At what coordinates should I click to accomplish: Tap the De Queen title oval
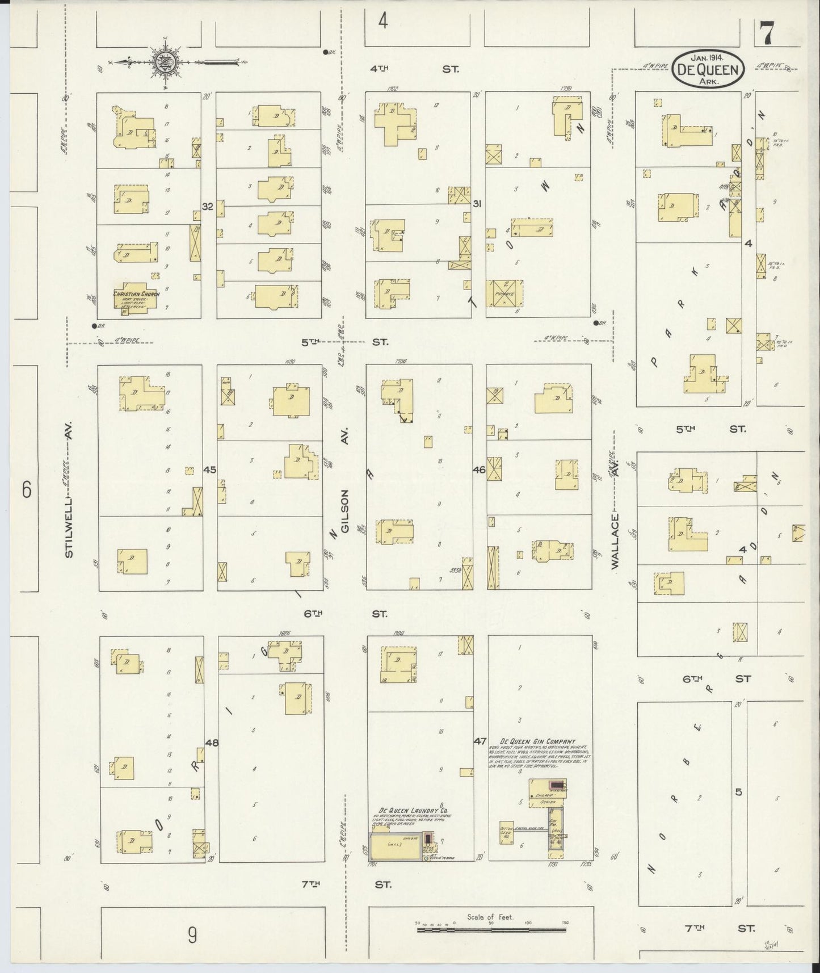point(708,70)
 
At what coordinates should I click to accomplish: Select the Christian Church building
point(136,299)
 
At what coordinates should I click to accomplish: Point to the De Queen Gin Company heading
point(537,741)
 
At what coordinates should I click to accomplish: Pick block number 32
point(208,207)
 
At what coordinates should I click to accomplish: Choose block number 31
point(477,203)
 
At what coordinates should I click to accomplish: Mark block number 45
point(209,469)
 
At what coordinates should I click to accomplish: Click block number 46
point(479,469)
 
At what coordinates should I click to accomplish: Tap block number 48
point(212,742)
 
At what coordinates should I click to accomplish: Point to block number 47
point(480,741)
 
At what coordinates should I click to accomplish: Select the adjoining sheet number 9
point(192,934)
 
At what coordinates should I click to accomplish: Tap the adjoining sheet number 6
point(26,489)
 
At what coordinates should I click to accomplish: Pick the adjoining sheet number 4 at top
point(384,22)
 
